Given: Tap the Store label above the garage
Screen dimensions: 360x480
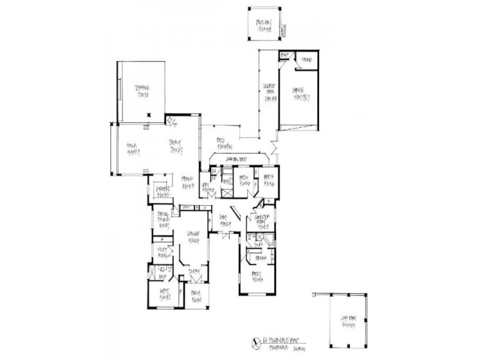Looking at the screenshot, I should click(307, 60).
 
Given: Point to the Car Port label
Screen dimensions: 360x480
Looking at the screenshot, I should click(346, 322).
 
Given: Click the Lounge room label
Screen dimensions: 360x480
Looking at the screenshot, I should click(193, 237).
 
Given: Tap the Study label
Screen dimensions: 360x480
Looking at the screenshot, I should click(162, 252).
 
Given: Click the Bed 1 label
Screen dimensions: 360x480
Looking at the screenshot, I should click(259, 278).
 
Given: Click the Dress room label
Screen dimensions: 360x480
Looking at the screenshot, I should click(260, 257).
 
